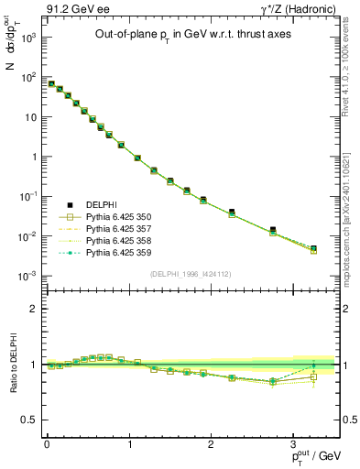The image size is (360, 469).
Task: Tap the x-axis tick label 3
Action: coord(293,443)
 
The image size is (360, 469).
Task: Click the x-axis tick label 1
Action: coord(128,443)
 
